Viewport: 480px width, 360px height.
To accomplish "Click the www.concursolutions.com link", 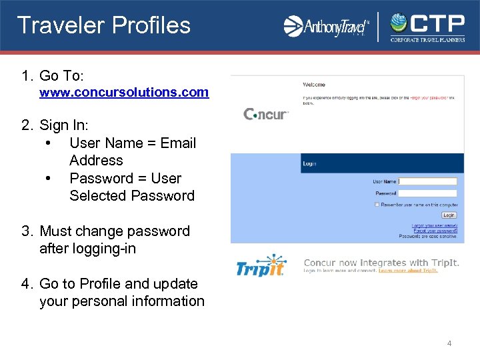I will coord(124,93).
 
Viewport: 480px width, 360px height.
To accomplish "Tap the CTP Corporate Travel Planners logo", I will coord(427,27).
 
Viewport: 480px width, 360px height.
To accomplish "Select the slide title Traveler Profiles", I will coord(104,25).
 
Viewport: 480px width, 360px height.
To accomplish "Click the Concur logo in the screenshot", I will coord(266,114).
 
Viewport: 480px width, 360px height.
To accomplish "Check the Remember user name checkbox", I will coord(377,205).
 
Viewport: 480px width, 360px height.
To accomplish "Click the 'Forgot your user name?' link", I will coord(434,225).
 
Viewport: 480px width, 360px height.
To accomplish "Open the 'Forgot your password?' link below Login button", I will coord(434,231).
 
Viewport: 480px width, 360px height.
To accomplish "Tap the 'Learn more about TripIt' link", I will coord(408,271).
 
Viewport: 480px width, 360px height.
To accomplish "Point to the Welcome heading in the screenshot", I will coord(314,85).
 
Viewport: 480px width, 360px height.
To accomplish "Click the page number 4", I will coord(449,343).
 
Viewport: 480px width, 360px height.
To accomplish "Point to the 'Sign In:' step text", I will coord(64,125).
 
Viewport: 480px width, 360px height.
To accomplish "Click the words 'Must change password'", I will coord(115,231).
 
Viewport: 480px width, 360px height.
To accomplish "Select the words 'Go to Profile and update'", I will coord(119,284).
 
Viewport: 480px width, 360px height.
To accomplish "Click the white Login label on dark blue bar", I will coord(310,163).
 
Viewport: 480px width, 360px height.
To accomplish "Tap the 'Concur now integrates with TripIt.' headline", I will coord(381,263).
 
